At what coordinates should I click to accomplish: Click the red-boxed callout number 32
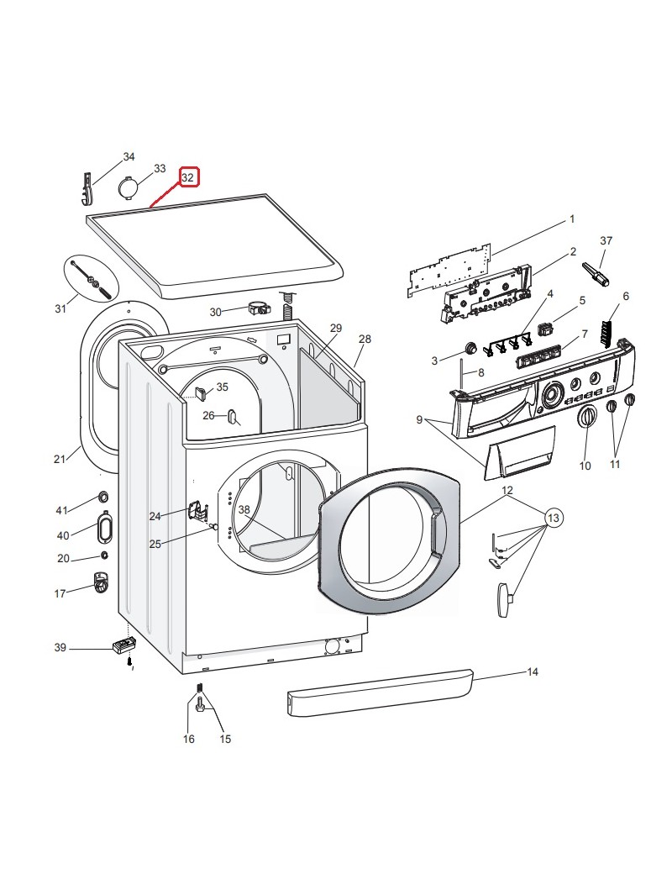click(x=188, y=177)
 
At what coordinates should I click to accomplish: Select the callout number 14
click(x=533, y=672)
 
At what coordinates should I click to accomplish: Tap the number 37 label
click(x=606, y=241)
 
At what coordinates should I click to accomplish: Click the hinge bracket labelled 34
click(x=87, y=187)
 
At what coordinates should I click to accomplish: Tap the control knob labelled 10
click(x=587, y=418)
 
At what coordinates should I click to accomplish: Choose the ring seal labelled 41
click(x=102, y=494)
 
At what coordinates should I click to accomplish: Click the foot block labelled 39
click(x=123, y=646)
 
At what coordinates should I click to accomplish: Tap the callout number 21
click(x=59, y=459)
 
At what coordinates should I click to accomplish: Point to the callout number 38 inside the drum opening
click(x=244, y=510)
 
